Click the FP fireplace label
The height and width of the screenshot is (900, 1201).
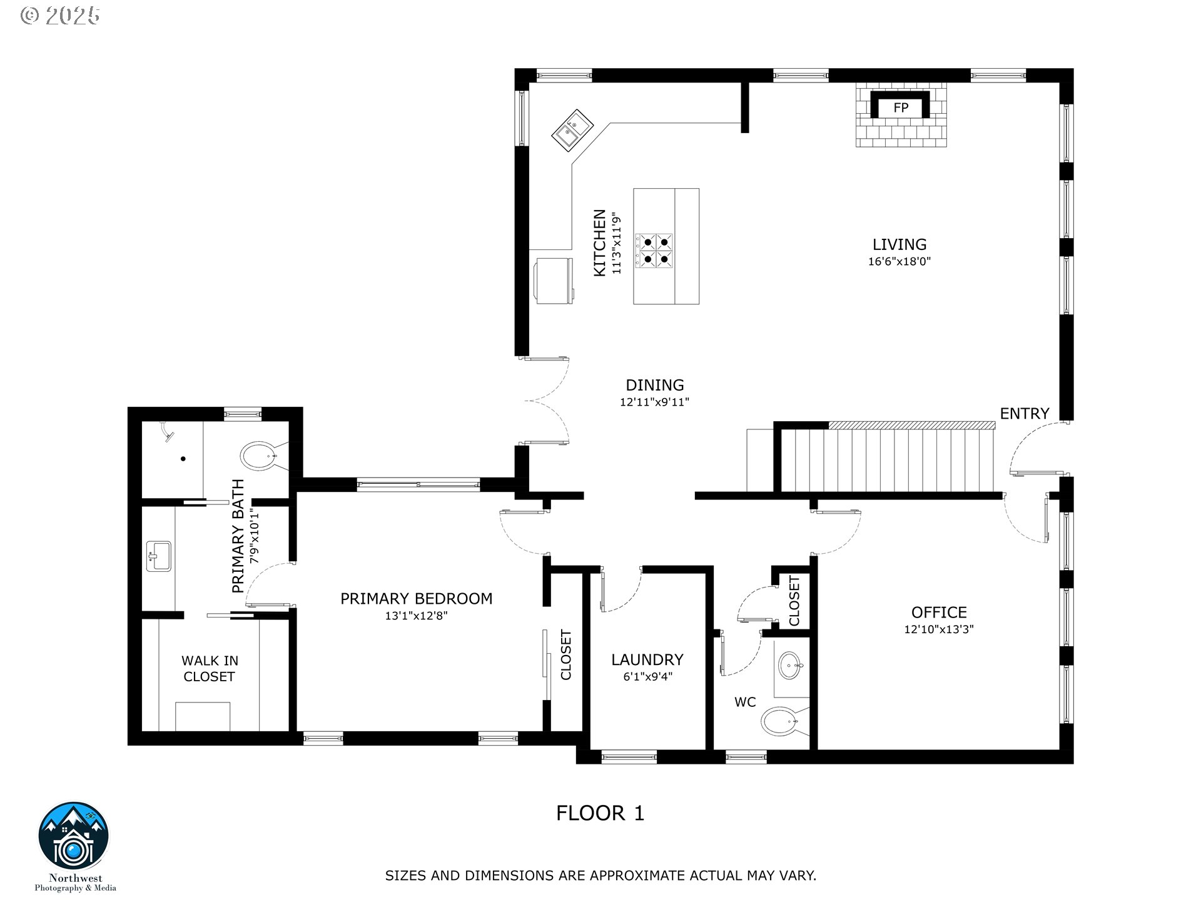click(x=901, y=107)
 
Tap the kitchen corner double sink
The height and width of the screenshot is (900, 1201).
click(x=572, y=129)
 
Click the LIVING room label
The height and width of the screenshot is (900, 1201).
click(x=899, y=244)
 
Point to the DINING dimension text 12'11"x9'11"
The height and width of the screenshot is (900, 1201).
click(x=654, y=402)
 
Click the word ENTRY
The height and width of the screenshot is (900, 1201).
click(x=1024, y=413)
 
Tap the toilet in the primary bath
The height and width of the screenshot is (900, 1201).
click(x=260, y=457)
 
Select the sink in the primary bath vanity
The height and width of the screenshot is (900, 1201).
click(x=159, y=556)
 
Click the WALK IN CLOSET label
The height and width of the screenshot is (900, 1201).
click(x=210, y=668)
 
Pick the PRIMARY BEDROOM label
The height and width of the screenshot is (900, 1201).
click(x=416, y=598)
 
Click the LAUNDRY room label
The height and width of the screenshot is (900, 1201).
click(x=647, y=659)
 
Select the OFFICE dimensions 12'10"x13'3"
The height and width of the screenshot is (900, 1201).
click(x=938, y=629)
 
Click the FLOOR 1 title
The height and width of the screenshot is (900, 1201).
click(x=600, y=813)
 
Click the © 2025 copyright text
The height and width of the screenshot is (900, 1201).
click(x=60, y=16)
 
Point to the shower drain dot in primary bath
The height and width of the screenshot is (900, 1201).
click(x=183, y=459)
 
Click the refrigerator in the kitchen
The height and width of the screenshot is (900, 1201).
click(x=554, y=281)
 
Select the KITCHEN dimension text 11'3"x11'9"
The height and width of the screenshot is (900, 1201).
click(x=617, y=243)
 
